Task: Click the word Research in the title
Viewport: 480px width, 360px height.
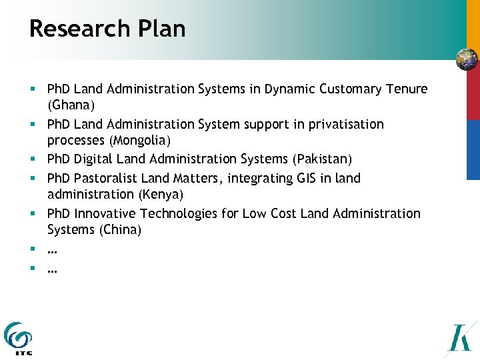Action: (71, 29)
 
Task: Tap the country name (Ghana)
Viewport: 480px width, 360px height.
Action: (71, 105)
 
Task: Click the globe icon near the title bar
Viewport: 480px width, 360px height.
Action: (467, 60)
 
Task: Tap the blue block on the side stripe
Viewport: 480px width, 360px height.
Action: (473, 149)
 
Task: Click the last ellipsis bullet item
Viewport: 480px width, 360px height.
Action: (52, 269)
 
